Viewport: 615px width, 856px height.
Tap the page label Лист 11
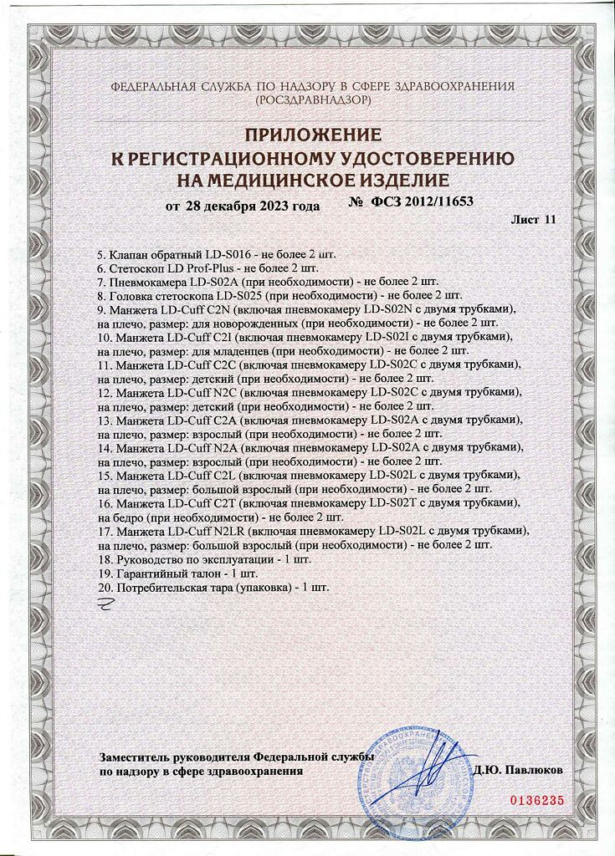coord(532,220)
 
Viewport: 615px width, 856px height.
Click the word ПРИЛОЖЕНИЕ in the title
coord(313,135)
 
